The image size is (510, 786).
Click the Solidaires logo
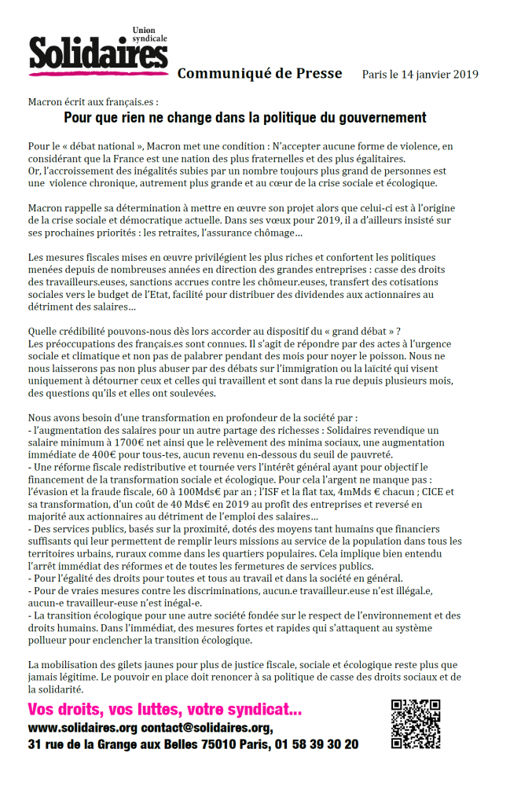tap(98, 54)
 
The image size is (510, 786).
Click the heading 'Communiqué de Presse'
tap(259, 74)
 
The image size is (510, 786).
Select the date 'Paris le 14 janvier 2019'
tap(420, 75)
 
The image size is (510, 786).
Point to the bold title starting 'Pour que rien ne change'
tap(244, 118)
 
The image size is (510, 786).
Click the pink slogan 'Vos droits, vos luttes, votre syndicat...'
tap(164, 710)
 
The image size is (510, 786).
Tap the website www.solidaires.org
tap(83, 727)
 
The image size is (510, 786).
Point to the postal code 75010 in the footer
tap(225, 744)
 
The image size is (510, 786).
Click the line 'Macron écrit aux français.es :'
tap(93, 102)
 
